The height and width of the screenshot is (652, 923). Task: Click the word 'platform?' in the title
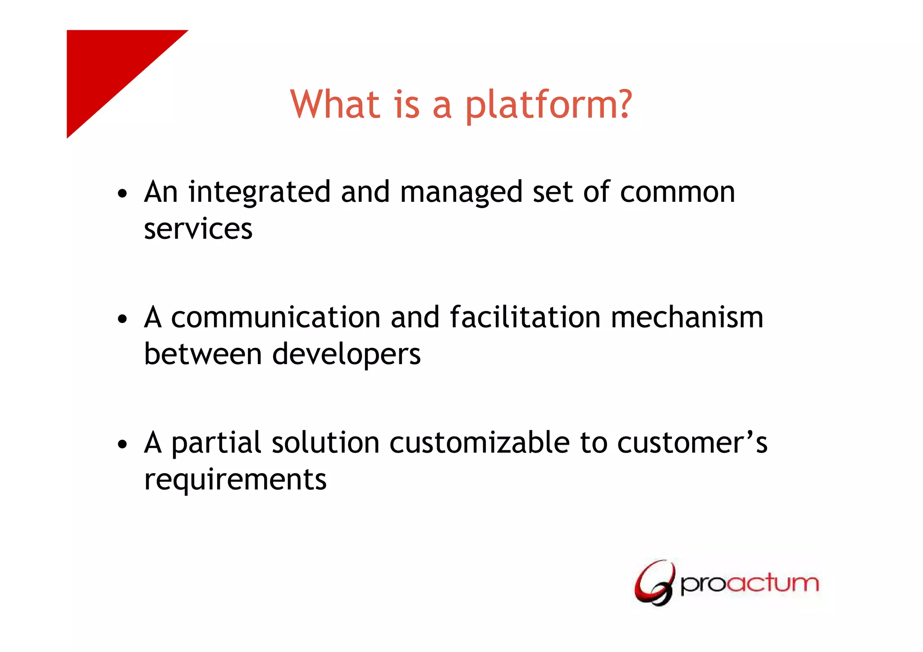548,105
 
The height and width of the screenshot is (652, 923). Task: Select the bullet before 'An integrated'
122,194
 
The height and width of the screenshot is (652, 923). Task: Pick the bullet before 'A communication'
122,319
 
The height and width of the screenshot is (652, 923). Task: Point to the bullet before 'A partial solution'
122,445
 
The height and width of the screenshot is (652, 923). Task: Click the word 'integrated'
260,193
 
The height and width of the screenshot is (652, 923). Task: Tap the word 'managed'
461,193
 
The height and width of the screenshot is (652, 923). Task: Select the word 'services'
198,229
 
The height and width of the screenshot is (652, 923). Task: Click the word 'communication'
276,317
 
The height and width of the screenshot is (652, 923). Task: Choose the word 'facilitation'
525,317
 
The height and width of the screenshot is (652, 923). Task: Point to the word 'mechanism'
687,317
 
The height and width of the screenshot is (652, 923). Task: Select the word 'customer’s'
692,442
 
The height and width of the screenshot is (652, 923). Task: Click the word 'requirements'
235,479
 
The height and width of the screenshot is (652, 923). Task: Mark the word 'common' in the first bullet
677,193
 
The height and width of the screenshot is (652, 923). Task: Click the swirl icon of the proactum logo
655,583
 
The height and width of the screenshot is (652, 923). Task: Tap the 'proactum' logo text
749,584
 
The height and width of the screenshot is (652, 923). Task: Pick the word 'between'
203,354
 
